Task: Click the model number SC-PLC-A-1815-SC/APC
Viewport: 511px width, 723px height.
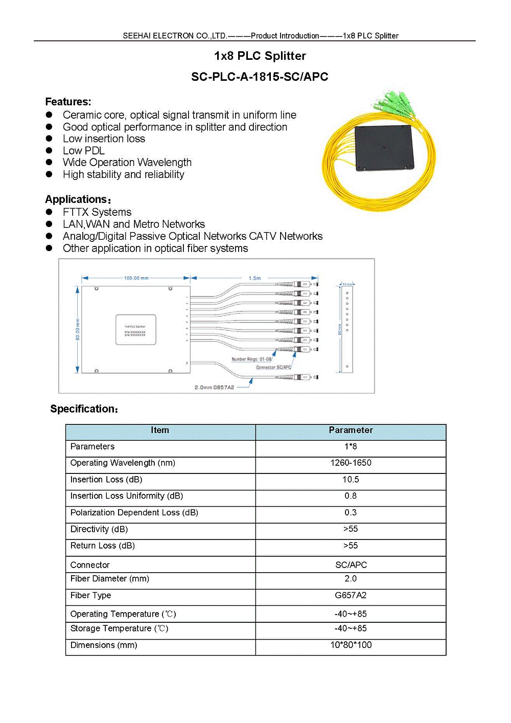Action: coord(260,77)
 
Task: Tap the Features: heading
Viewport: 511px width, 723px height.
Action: coord(68,102)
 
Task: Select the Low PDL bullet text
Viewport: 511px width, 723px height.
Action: coord(84,151)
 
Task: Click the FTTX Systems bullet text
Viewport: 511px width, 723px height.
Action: coord(97,212)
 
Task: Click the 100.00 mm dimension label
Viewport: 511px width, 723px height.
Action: coord(136,278)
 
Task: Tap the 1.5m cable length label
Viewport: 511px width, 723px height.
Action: coord(254,278)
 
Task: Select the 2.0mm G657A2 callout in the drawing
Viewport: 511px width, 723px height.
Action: coord(214,388)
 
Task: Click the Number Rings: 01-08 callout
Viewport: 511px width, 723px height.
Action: coord(251,359)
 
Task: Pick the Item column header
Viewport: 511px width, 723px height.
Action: coord(160,431)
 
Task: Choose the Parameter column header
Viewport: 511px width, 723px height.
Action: coord(351,431)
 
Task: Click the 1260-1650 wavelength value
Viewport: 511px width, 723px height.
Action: coord(351,463)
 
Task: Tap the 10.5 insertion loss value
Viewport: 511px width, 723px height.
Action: coord(351,480)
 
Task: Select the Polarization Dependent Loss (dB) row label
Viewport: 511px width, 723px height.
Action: coord(134,513)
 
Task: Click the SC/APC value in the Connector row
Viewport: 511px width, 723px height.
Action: coord(351,565)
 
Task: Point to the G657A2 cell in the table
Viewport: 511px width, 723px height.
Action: coord(351,596)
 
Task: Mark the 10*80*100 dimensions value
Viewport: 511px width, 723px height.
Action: coord(351,645)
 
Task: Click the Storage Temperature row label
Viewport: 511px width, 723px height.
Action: coord(119,629)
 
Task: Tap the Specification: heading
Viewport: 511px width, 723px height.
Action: coord(84,409)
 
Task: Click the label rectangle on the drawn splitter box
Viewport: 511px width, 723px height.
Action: coord(135,330)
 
